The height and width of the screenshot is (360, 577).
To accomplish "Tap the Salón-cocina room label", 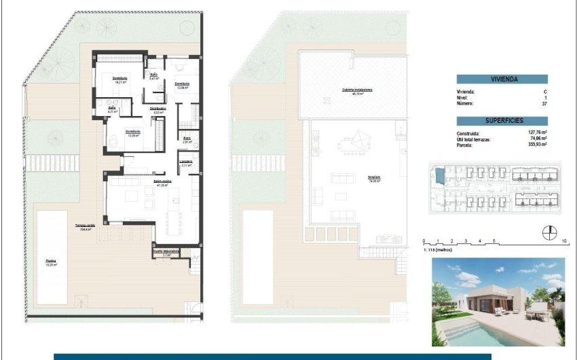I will pos(161,183).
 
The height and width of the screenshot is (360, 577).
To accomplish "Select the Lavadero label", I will pos(187,162).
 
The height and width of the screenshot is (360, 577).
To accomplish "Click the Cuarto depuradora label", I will pos(166,252).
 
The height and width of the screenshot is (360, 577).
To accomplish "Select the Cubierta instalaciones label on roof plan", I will pos(357,90).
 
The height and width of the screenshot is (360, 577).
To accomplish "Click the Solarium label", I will pos(373,178).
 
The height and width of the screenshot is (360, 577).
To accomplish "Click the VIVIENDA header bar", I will pos(502,79).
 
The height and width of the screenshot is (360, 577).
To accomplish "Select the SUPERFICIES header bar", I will pos(502,120).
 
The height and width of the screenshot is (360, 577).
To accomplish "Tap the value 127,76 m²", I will pos(536,133).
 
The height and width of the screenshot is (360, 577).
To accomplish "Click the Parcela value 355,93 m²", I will pos(536,144).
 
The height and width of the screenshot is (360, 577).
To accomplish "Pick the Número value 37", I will pos(544,103).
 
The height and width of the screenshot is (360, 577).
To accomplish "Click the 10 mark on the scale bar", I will pos(565,241).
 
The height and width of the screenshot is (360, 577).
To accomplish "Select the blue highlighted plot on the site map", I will pos(439,176).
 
